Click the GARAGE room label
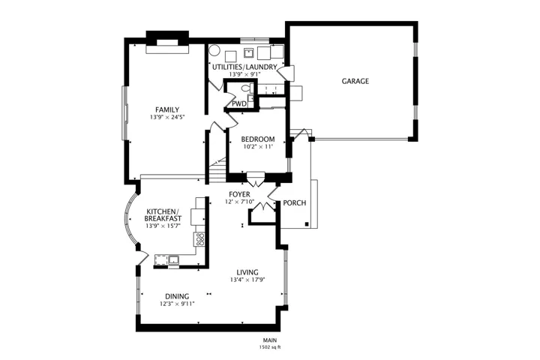[x=355, y=81]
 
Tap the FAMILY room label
[x=167, y=109]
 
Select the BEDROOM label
[x=258, y=139]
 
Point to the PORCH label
[x=295, y=203]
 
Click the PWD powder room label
[x=239, y=103]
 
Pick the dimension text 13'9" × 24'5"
[x=167, y=117]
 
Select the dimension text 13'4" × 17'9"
[x=247, y=280]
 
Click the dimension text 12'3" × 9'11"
[x=177, y=304]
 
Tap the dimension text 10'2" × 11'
[x=258, y=146]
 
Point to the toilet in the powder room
[x=247, y=88]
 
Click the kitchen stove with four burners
[x=199, y=239]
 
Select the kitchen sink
[x=173, y=259]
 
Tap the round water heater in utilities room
[x=214, y=50]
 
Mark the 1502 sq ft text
[x=270, y=347]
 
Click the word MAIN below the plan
[x=270, y=340]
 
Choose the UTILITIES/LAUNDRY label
[x=244, y=67]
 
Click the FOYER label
[x=239, y=195]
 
